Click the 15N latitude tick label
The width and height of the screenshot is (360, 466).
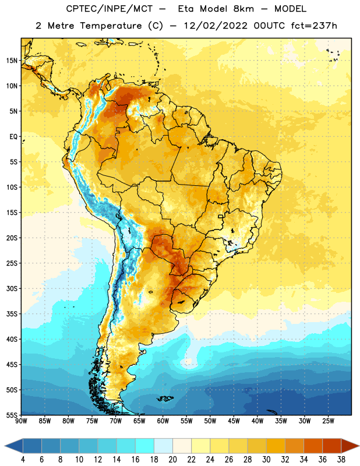pyautogui.click(x=12, y=61)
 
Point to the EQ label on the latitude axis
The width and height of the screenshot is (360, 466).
pyautogui.click(x=13, y=137)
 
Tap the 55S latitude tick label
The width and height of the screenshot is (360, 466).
pyautogui.click(x=12, y=415)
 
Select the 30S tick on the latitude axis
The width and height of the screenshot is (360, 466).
pyautogui.click(x=12, y=288)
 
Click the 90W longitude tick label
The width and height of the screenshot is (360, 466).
pyautogui.click(x=21, y=421)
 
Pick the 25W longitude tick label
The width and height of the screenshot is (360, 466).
pyautogui.click(x=328, y=421)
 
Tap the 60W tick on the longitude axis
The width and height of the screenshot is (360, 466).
pyautogui.click(x=163, y=421)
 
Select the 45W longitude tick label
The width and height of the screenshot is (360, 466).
pyautogui.click(x=234, y=421)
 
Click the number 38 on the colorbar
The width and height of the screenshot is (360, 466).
pyautogui.click(x=341, y=460)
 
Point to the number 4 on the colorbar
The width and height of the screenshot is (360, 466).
pyautogui.click(x=23, y=460)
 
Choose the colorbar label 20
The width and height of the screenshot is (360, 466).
pyautogui.click(x=172, y=460)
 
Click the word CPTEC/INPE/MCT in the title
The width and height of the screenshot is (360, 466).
pyautogui.click(x=110, y=9)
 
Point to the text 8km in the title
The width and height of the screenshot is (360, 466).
pyautogui.click(x=243, y=9)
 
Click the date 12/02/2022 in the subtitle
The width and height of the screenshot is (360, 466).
pyautogui.click(x=216, y=26)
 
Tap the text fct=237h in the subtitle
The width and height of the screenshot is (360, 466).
pyautogui.click(x=314, y=26)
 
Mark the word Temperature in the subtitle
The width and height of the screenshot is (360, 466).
pyautogui.click(x=111, y=26)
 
